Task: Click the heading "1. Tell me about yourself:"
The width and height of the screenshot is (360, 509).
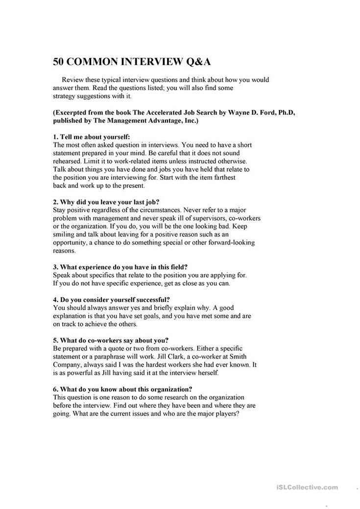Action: (92, 137)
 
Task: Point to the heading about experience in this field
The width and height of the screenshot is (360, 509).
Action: (120, 267)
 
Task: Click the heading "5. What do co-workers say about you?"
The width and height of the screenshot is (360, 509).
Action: (110, 339)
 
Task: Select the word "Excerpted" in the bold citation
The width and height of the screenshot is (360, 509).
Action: (72, 112)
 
